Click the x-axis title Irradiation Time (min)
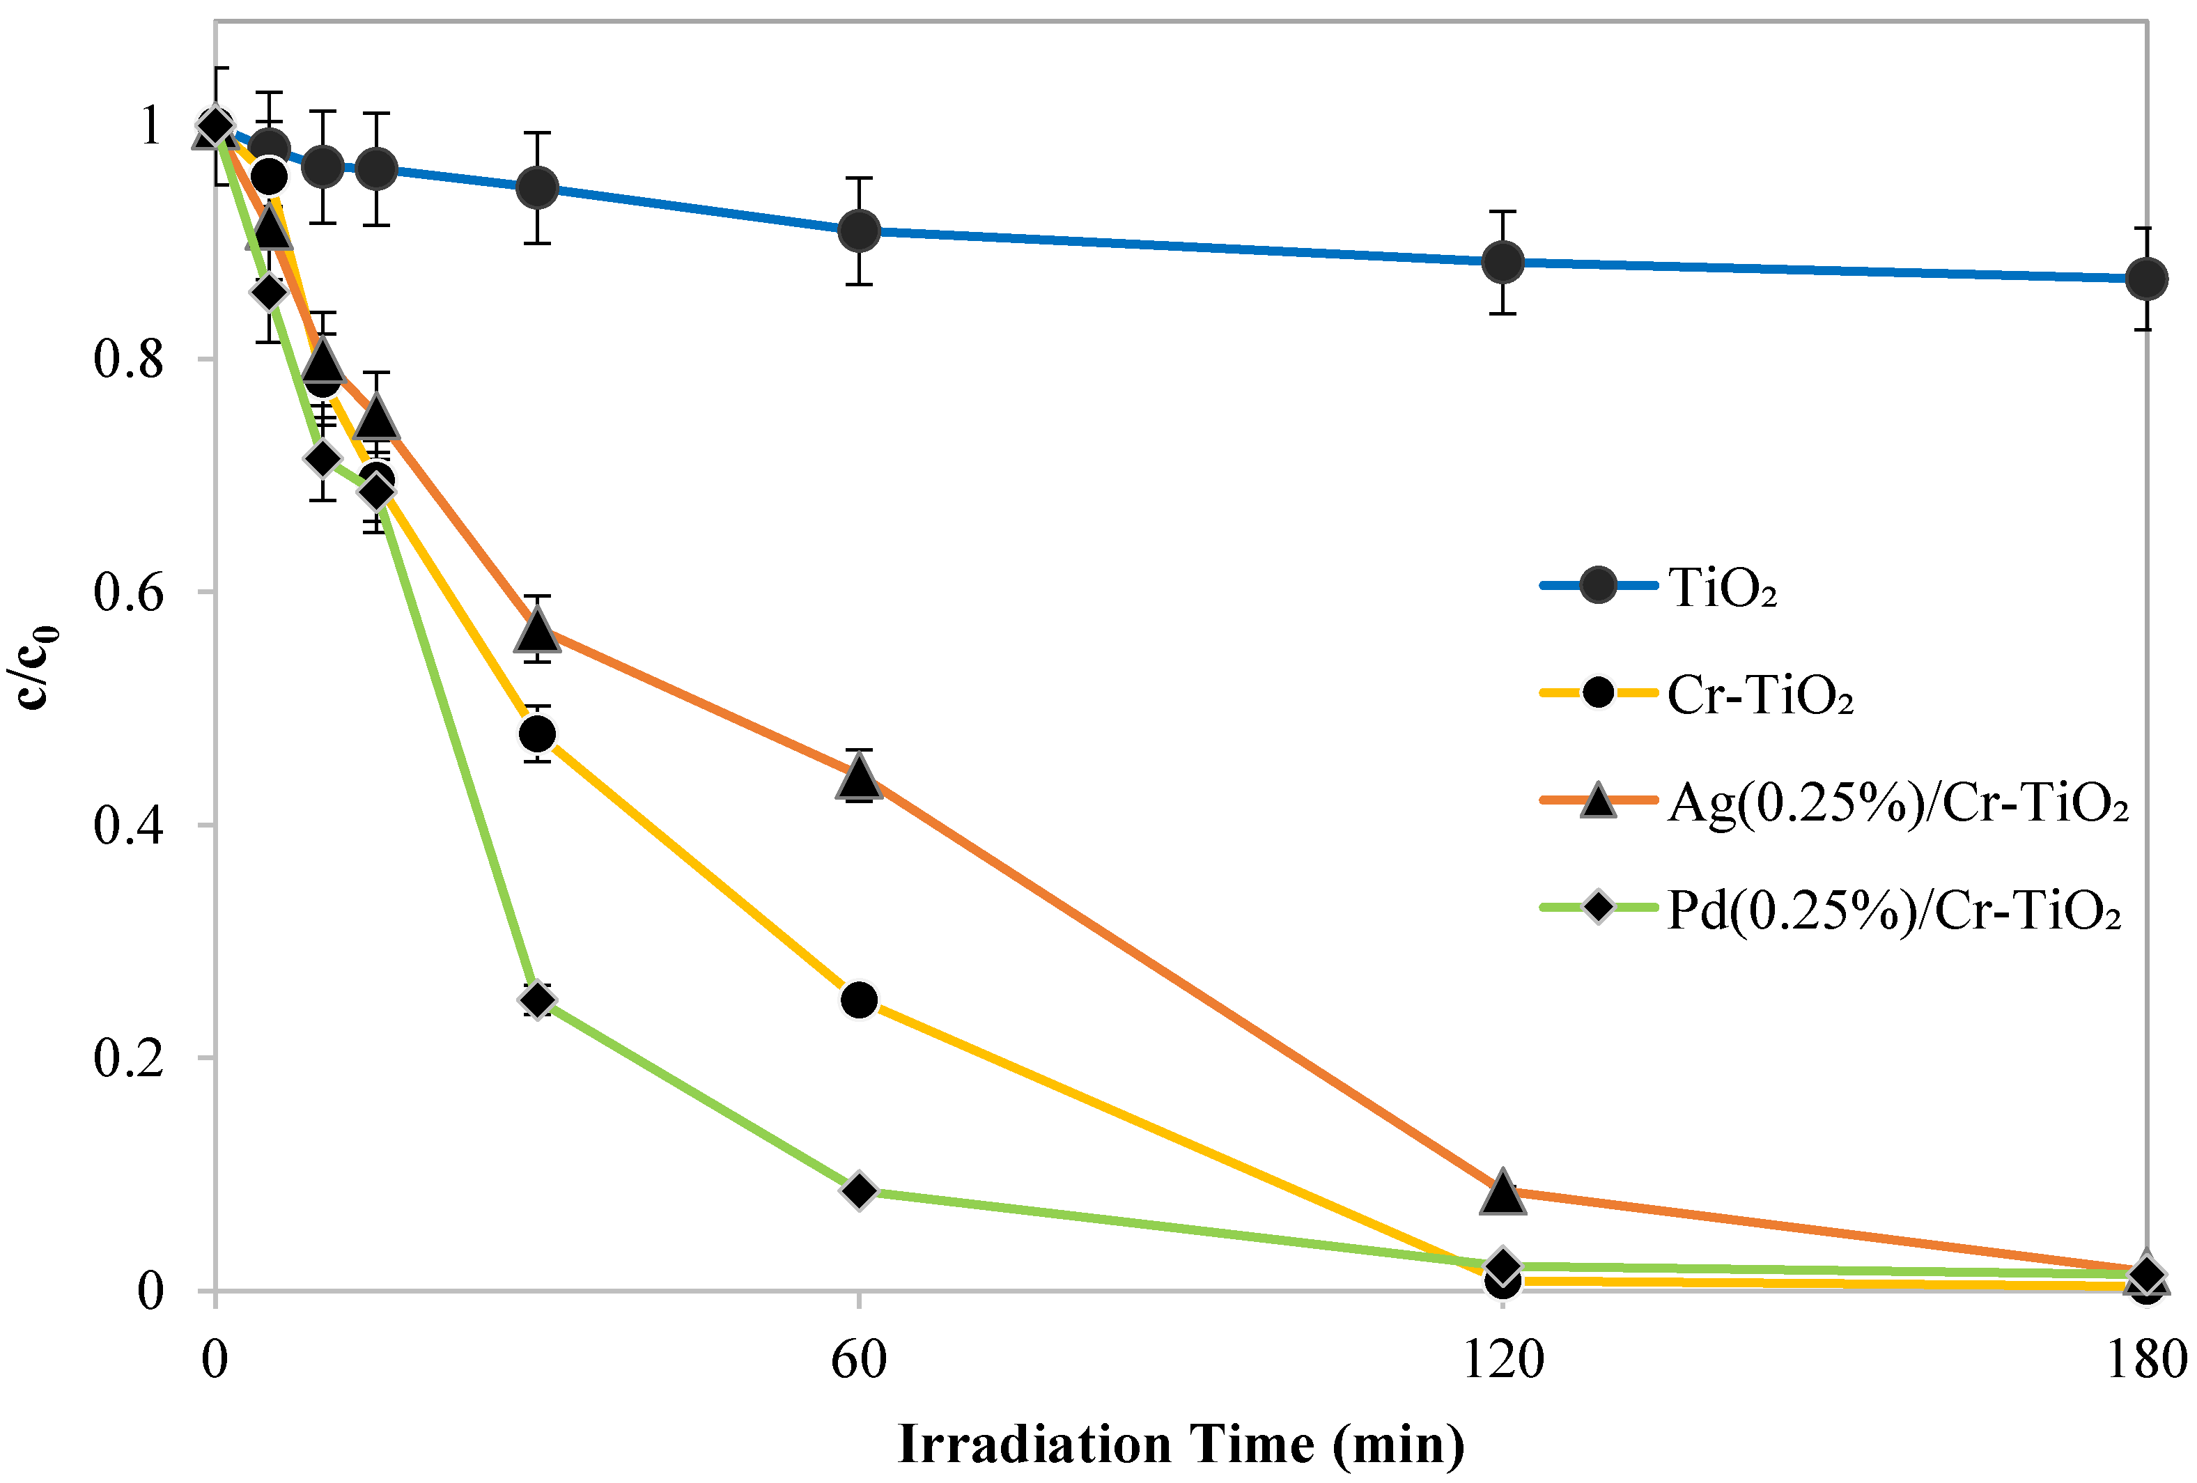[x=1181, y=1443]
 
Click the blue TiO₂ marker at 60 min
[x=858, y=231]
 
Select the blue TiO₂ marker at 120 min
[x=1502, y=262]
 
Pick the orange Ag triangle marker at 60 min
[x=858, y=777]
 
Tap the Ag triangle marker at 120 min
[x=1502, y=1193]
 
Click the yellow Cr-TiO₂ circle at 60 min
[x=858, y=999]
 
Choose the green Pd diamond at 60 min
[x=858, y=1191]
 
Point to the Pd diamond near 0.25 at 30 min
[x=537, y=1000]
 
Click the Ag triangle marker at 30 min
[x=537, y=630]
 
